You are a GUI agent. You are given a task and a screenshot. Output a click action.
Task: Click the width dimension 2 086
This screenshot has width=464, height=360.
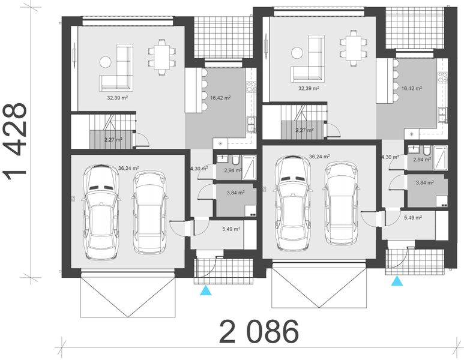259,332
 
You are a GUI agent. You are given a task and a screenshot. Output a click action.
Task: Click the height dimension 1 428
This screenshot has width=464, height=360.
16,142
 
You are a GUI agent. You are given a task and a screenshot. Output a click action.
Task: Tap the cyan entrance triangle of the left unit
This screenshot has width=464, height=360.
206,290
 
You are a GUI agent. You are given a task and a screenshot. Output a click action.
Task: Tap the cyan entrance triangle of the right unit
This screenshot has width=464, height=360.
397,281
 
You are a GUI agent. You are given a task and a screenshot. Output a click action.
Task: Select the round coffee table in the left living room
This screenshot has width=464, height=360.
106,61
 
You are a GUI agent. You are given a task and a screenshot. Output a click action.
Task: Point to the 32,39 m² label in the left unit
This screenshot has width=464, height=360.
111,95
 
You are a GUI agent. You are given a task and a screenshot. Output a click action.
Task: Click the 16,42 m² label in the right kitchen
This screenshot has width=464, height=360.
411,88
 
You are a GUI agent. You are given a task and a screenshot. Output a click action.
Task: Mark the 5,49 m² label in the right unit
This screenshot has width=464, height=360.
413,218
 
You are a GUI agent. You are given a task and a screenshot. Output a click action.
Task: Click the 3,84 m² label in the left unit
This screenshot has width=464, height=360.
236,193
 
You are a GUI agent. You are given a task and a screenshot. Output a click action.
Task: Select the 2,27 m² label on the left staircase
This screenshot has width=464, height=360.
113,139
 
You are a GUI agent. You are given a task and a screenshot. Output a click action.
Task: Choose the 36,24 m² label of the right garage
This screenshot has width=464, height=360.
319,156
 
